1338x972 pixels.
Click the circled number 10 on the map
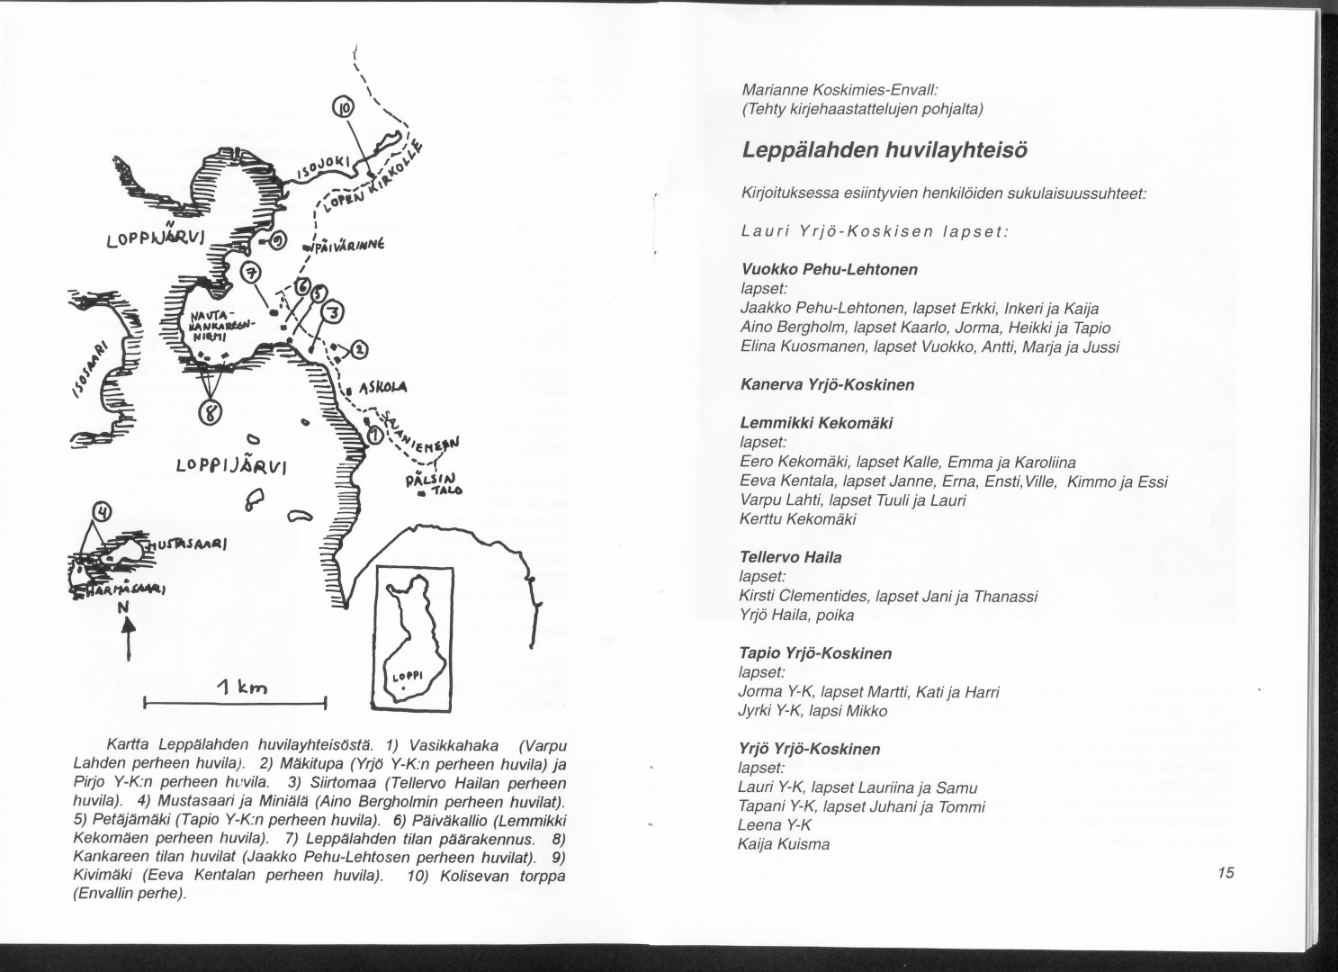[x=344, y=110]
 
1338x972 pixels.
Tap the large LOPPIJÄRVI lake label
[x=231, y=466]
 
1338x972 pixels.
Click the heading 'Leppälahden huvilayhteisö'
[x=885, y=150]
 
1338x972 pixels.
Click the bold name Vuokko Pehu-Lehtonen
[x=816, y=269]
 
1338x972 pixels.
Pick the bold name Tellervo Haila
[x=790, y=557]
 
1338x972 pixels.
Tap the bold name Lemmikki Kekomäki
[x=816, y=423]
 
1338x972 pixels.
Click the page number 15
[x=1226, y=872]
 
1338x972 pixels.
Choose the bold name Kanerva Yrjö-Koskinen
[x=827, y=384]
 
